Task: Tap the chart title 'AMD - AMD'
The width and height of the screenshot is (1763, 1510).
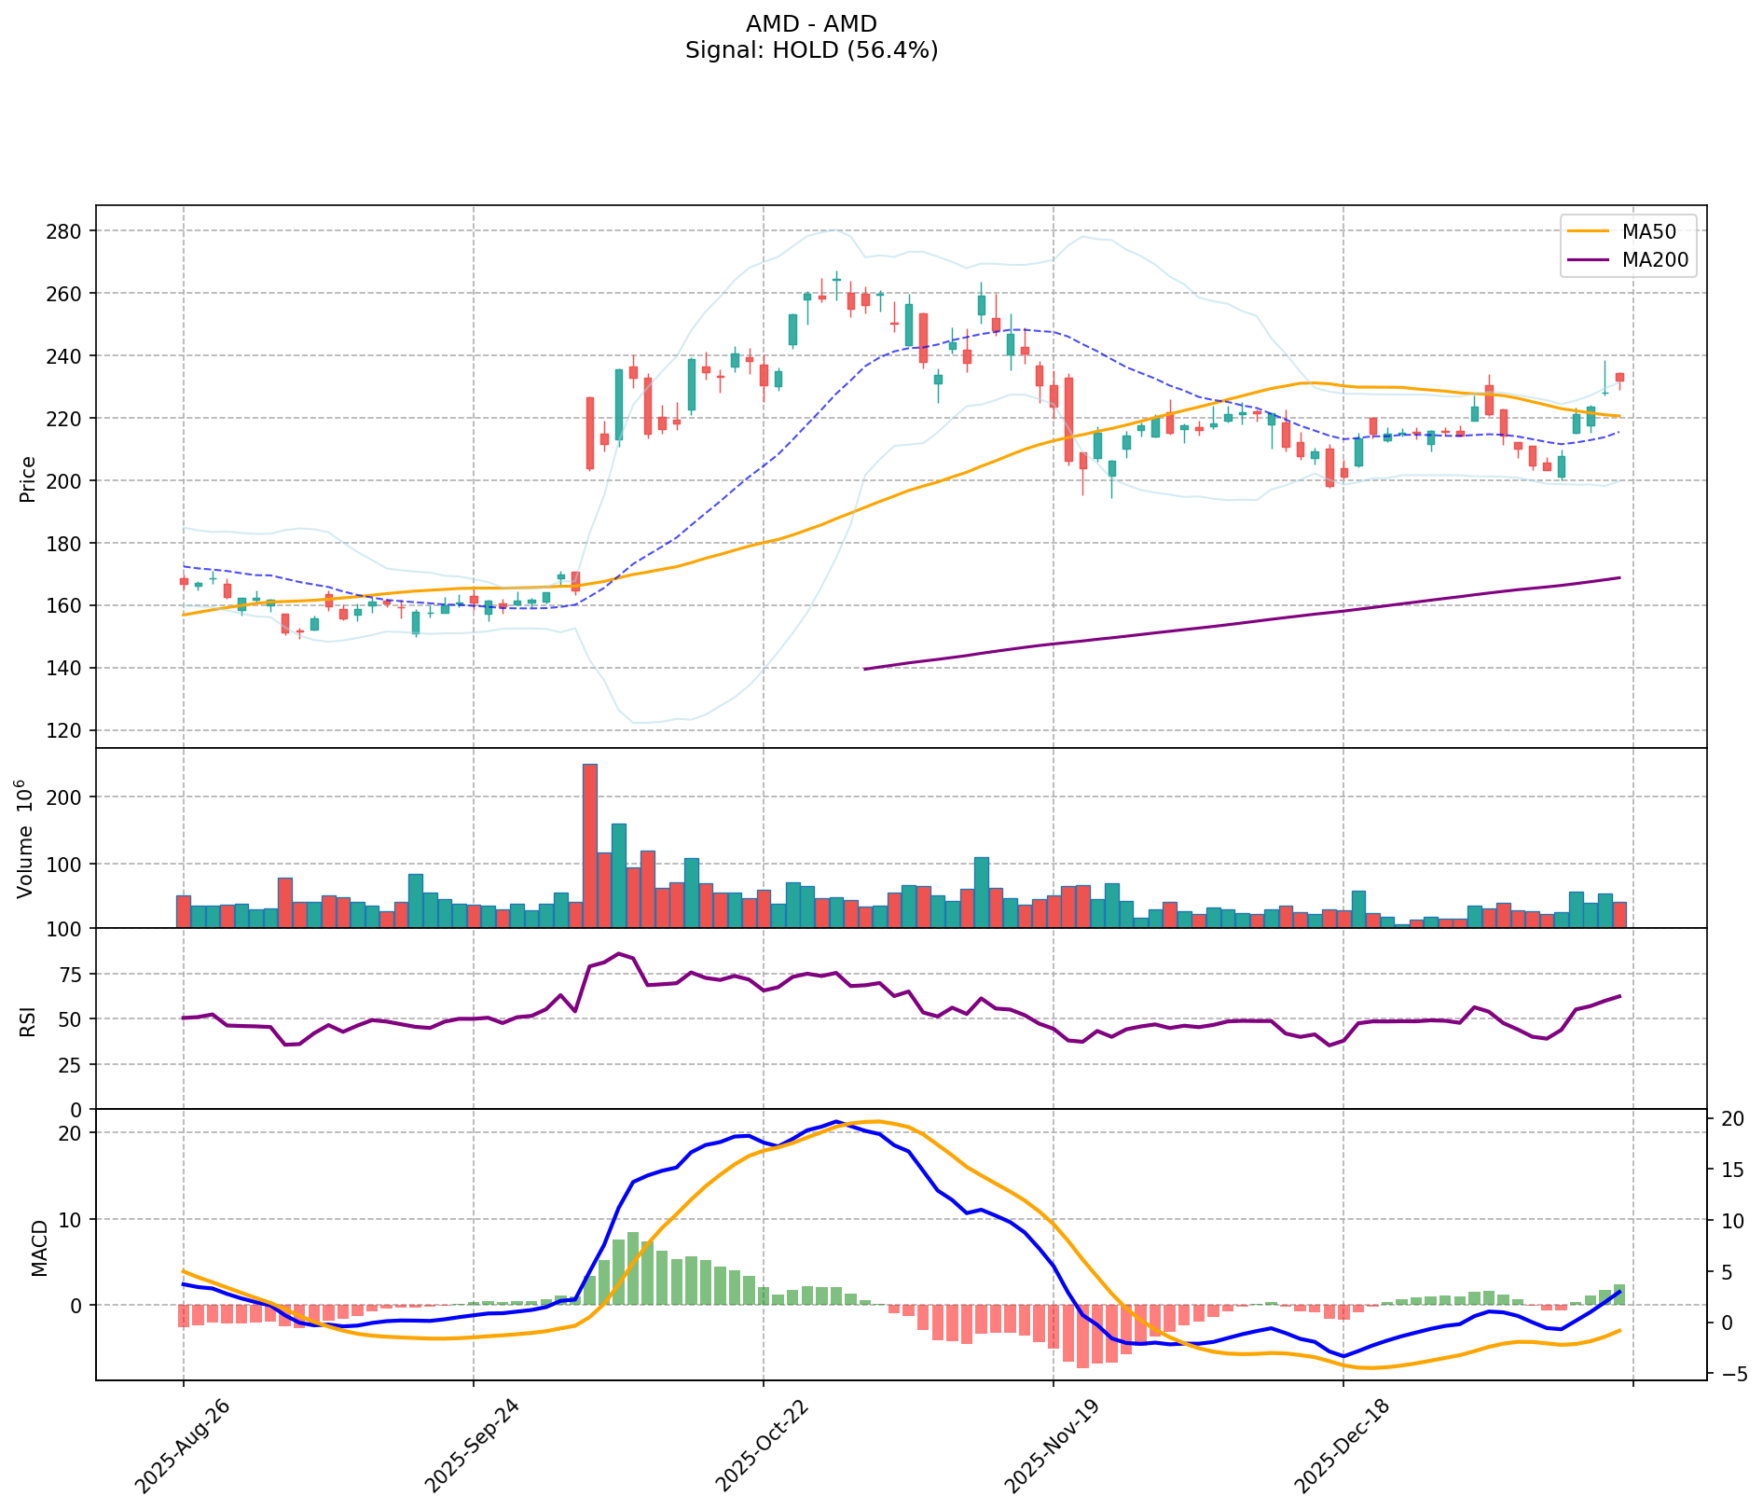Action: click(x=811, y=24)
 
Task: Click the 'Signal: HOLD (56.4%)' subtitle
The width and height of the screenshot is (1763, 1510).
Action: click(x=811, y=50)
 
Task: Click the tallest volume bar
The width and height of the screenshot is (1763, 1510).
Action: click(x=589, y=844)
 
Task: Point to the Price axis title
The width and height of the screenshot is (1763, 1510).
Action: click(x=28, y=478)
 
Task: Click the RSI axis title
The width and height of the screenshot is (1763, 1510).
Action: click(x=28, y=1019)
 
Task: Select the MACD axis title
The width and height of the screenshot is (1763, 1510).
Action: click(x=38, y=1247)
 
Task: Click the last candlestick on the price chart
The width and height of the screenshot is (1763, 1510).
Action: click(x=1619, y=377)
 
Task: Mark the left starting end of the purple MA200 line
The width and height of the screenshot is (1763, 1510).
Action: click(x=865, y=669)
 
